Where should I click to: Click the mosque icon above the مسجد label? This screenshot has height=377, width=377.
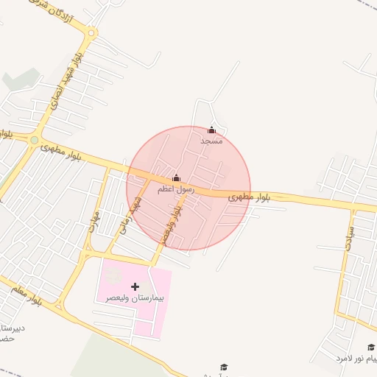coord(212,130)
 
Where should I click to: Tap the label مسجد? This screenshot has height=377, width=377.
coord(212,140)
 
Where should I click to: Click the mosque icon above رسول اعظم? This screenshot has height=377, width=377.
coord(176,177)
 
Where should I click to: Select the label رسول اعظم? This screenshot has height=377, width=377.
coord(176,189)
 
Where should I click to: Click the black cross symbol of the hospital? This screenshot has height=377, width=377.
coord(135,286)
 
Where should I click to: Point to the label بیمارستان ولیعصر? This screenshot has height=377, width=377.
coord(135,298)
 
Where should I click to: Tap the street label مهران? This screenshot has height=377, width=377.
coord(94,219)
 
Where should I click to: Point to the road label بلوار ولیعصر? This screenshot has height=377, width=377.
coord(172,224)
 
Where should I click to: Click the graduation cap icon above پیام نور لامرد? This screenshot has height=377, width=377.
coord(370,347)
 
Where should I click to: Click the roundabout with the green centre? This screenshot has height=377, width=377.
coord(34,139)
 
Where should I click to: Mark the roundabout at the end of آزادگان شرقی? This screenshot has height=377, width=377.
coord(91,32)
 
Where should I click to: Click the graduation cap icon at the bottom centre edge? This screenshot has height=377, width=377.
coord(225,367)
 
